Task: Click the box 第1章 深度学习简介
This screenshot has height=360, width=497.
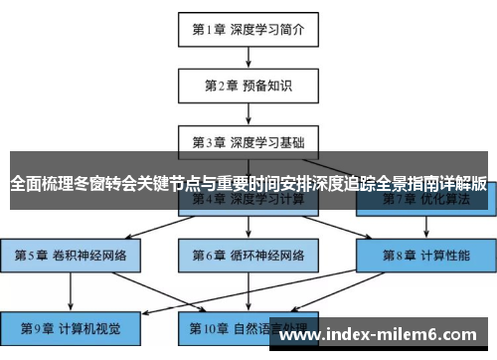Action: (x=248, y=29)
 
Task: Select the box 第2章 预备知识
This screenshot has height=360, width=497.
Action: (x=248, y=86)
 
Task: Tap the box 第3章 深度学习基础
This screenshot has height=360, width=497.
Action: (x=248, y=141)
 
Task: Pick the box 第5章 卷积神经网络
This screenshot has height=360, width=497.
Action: (x=71, y=256)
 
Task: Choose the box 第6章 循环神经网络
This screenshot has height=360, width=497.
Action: (x=248, y=256)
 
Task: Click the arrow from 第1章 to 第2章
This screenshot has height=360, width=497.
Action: (x=248, y=57)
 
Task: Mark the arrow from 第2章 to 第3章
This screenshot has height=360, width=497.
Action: (x=248, y=113)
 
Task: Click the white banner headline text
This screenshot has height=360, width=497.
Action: (x=248, y=184)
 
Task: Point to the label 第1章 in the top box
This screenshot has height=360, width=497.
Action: (x=209, y=29)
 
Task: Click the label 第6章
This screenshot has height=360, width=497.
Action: (x=210, y=256)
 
